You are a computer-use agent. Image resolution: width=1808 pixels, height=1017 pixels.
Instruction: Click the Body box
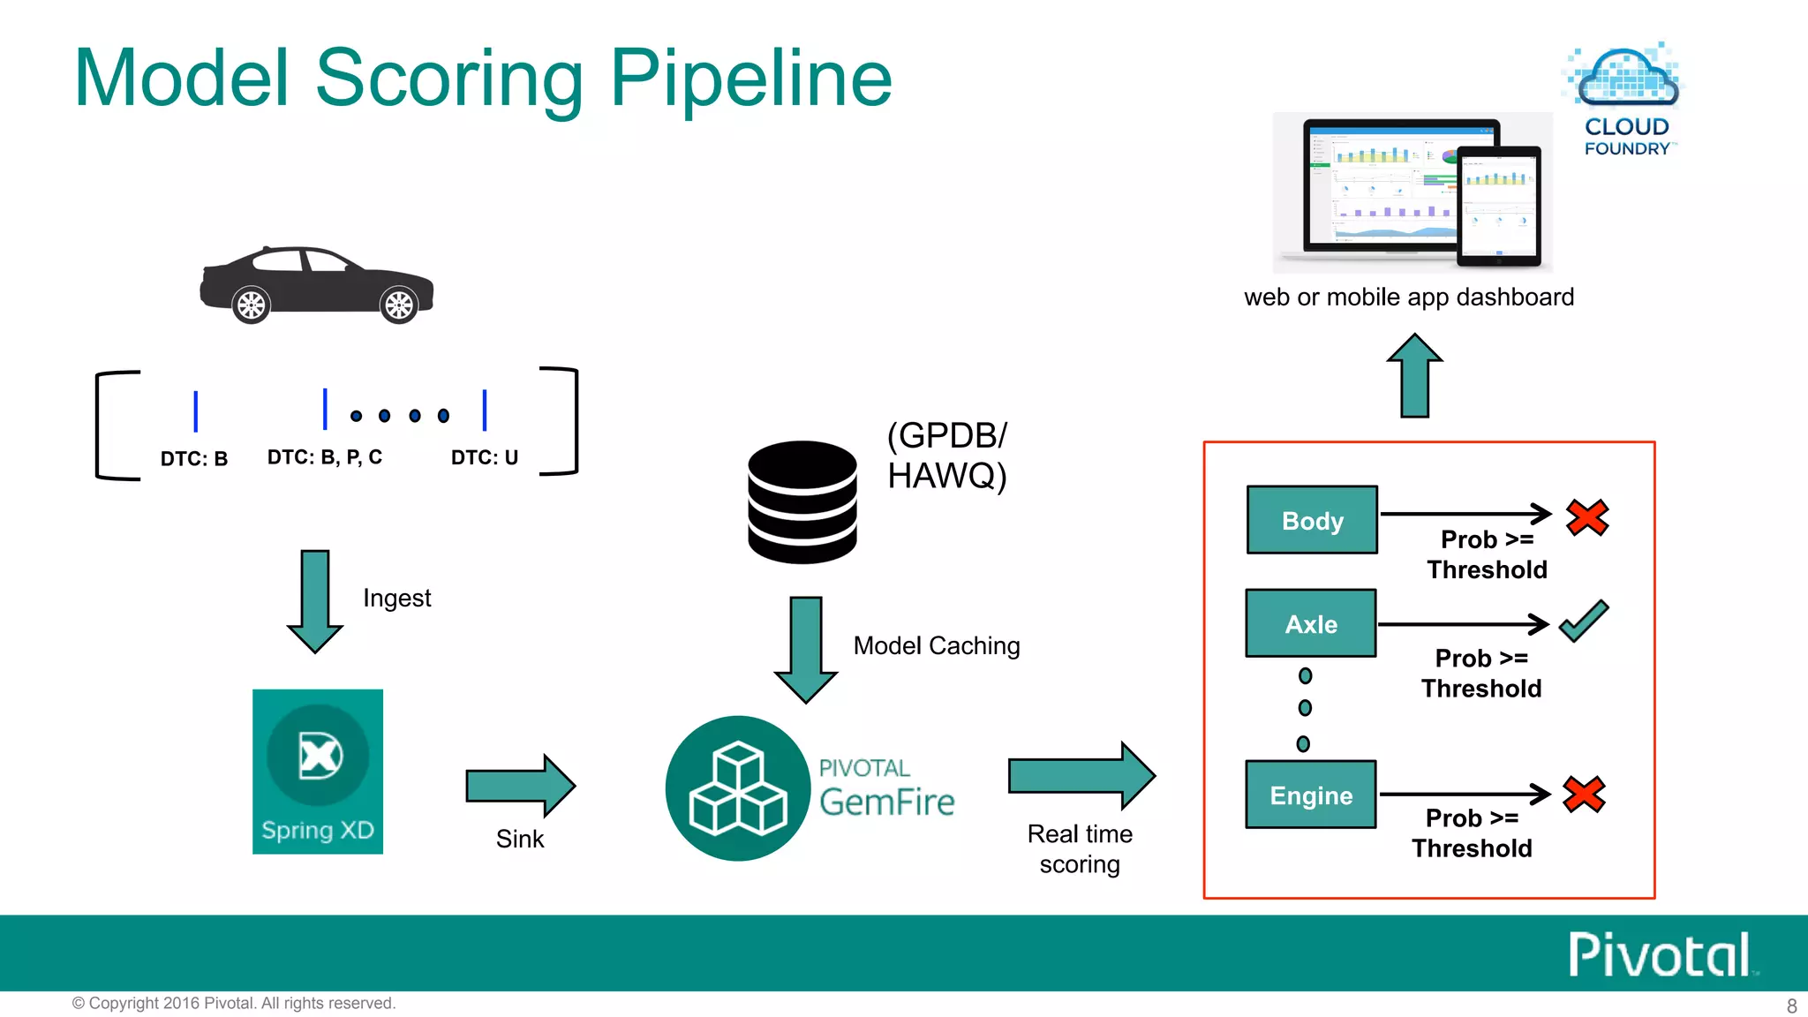point(1312,520)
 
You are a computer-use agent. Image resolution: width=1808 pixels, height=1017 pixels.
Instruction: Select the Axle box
point(1311,623)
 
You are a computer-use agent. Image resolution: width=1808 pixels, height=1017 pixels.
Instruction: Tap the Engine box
point(1311,795)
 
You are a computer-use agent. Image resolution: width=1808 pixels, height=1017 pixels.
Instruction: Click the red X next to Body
point(1587,517)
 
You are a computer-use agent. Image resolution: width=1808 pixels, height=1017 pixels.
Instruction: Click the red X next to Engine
point(1584,794)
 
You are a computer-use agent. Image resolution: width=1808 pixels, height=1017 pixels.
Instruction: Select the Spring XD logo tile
point(318,771)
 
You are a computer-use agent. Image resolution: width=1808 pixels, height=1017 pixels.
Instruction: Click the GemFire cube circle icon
point(738,787)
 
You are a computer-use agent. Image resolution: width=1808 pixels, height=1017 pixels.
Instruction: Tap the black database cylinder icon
point(802,501)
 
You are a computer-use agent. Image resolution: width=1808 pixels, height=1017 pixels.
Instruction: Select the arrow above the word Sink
point(521,785)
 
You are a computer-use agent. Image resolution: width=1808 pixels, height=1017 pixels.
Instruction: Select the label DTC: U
point(485,457)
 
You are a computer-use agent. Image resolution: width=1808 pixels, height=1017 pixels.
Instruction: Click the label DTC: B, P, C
point(325,457)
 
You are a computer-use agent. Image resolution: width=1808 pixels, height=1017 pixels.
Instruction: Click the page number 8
point(1791,1006)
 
